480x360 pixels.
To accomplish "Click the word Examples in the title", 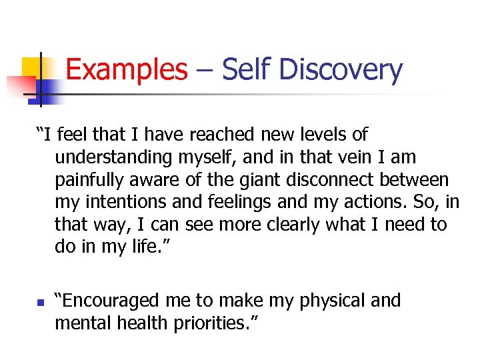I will click(x=127, y=70).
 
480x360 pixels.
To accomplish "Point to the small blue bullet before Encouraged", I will click(x=39, y=303).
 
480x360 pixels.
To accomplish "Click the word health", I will click(x=140, y=323).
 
